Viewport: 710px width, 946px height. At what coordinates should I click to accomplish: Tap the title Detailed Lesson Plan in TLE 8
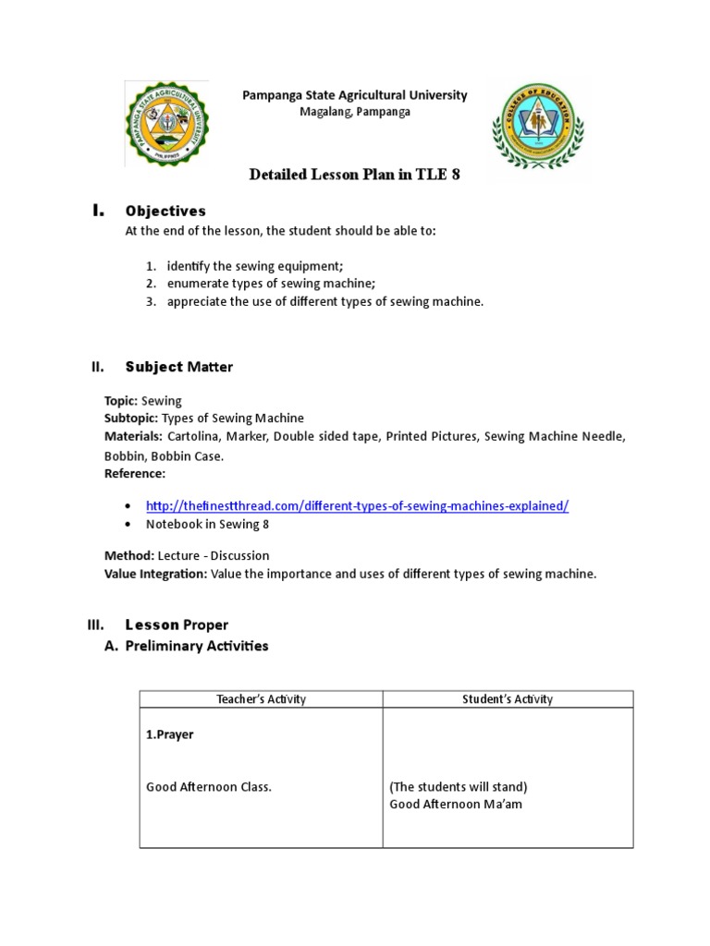point(354,175)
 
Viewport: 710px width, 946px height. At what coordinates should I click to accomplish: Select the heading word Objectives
point(165,212)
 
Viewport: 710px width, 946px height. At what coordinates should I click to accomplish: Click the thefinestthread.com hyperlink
point(357,506)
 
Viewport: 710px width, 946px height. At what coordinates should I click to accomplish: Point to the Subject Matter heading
point(178,367)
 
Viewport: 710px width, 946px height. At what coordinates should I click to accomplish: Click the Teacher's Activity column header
point(261,699)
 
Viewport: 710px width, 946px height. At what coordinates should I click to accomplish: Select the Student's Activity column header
point(508,699)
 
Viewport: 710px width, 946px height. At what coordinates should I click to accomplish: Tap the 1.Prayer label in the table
point(169,735)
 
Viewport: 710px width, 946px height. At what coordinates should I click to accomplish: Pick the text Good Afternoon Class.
point(208,787)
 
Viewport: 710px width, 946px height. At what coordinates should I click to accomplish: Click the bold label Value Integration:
point(155,574)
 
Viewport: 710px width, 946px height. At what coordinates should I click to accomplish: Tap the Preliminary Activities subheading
point(196,646)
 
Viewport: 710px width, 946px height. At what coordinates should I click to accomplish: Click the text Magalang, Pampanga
point(354,112)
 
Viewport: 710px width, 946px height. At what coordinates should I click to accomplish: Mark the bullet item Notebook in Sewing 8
point(207,524)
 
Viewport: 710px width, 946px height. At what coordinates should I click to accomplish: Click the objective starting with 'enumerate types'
point(271,284)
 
